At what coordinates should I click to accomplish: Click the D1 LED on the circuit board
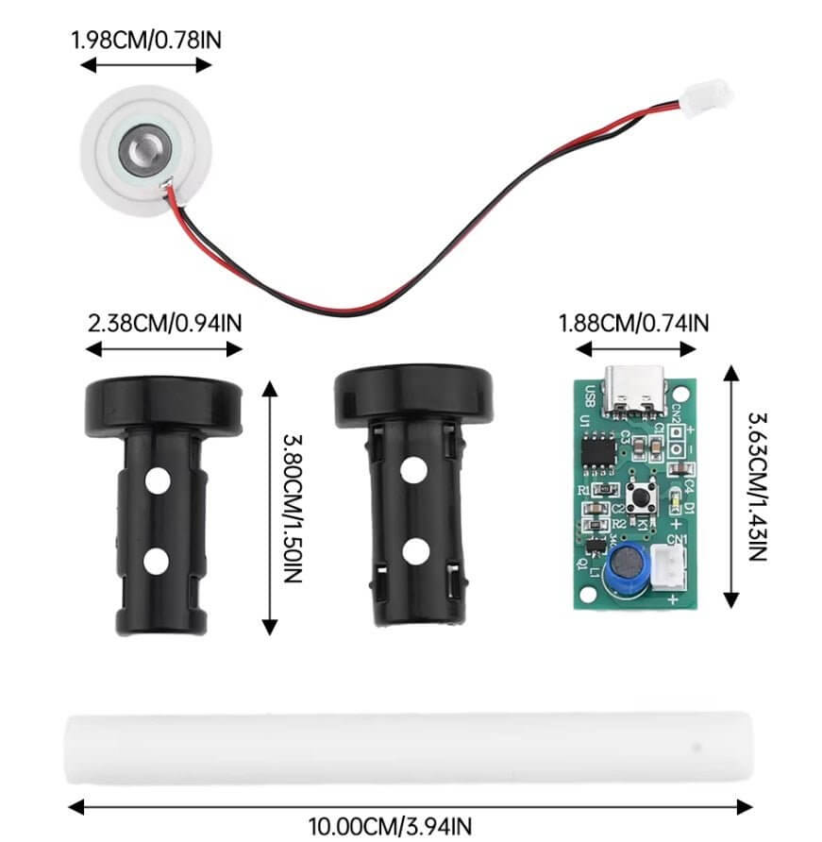click(673, 500)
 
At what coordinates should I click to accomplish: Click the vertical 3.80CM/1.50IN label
click(291, 508)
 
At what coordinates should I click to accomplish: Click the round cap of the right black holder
click(414, 395)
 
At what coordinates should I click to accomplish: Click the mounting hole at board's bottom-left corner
click(585, 594)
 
